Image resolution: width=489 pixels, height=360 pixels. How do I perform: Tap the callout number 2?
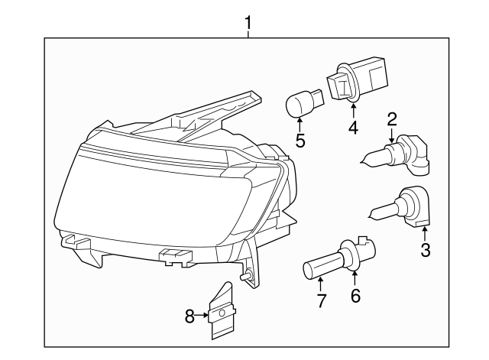[x=391, y=118]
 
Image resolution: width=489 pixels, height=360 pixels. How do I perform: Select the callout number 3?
[x=425, y=250]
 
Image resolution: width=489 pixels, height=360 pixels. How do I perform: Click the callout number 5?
[x=300, y=141]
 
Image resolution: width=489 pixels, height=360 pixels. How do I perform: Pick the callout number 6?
[x=355, y=295]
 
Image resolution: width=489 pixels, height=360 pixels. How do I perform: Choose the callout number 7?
[x=321, y=301]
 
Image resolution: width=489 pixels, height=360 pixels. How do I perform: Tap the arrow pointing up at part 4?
[x=352, y=111]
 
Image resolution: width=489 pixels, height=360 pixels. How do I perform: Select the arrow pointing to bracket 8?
[x=203, y=313]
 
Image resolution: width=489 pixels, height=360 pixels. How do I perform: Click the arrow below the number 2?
[x=391, y=136]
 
